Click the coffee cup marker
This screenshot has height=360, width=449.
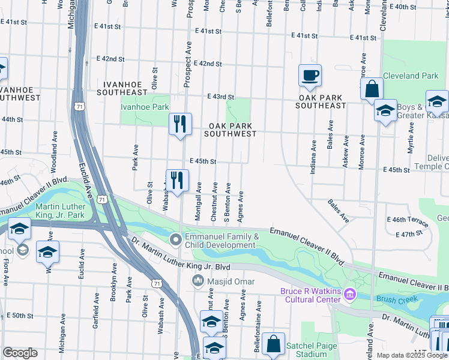[310, 76]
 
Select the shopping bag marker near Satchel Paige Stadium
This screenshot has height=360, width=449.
[273, 345]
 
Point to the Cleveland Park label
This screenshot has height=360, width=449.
[411, 76]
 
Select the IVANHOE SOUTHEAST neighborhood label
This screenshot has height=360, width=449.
[125, 88]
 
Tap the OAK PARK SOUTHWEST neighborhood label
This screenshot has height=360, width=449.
[230, 130]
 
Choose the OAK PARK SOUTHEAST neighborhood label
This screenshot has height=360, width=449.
[321, 101]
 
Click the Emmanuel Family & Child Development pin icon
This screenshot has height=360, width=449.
[176, 241]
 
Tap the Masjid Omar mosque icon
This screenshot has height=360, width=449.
[198, 281]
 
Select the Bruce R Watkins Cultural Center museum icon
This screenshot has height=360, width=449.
[352, 296]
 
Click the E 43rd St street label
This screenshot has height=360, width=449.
[220, 97]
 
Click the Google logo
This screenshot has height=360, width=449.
[19, 353]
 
